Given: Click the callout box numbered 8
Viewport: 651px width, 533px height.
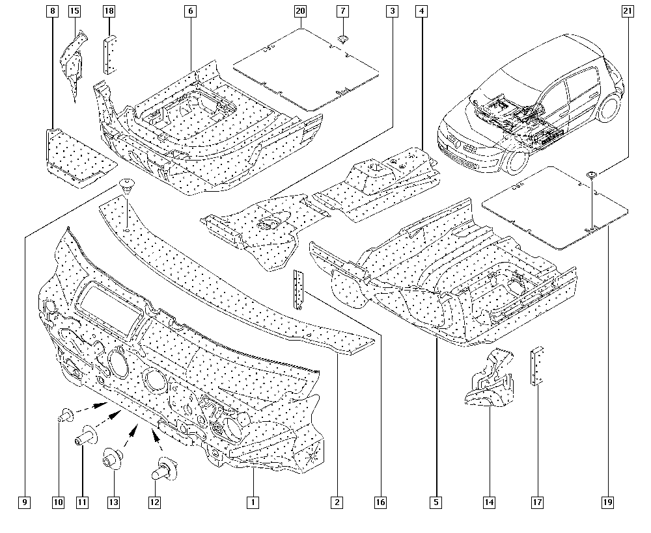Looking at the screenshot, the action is tap(52, 11).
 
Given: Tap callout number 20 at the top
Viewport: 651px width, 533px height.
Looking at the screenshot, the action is tap(300, 11).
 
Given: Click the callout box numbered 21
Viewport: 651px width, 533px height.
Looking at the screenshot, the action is tap(627, 11).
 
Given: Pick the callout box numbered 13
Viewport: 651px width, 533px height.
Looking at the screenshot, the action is tap(114, 502).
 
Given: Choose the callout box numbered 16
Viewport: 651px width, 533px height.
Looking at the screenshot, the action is tap(380, 502).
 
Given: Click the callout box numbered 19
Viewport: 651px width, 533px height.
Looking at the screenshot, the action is tap(608, 502).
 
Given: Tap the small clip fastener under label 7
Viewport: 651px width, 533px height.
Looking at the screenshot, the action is tap(343, 40).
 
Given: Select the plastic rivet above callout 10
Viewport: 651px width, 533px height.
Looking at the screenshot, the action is tap(65, 414).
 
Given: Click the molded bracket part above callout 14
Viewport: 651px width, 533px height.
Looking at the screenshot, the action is tap(490, 380).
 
